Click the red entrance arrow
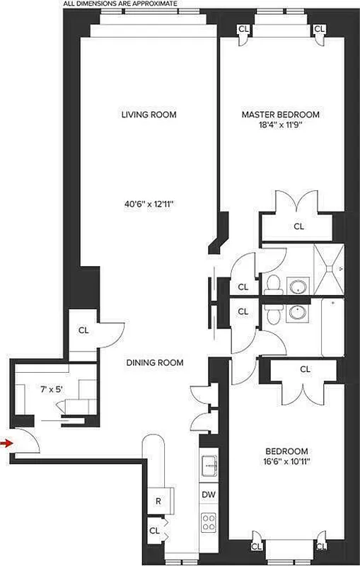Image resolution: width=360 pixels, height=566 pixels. click(x=6, y=444)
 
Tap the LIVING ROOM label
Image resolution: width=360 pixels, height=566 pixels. click(x=148, y=115)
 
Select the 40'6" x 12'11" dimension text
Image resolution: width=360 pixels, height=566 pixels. click(x=148, y=204)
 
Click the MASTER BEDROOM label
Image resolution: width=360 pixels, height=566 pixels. click(x=280, y=115)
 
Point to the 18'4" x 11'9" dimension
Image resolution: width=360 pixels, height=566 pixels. click(x=281, y=126)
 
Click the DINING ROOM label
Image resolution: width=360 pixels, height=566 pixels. click(x=155, y=363)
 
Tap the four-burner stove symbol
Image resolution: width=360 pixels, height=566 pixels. click(x=209, y=523)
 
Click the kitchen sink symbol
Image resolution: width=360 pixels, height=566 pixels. click(x=209, y=466)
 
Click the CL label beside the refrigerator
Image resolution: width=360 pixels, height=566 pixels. click(x=153, y=529)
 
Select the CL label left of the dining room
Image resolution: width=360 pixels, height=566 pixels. click(x=83, y=330)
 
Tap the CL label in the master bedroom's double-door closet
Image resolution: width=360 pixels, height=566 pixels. click(x=298, y=226)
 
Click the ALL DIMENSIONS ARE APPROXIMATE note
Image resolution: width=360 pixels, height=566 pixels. click(x=120, y=4)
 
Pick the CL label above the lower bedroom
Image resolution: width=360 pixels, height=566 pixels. click(x=305, y=369)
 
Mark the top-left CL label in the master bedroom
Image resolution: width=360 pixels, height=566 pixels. click(x=243, y=28)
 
